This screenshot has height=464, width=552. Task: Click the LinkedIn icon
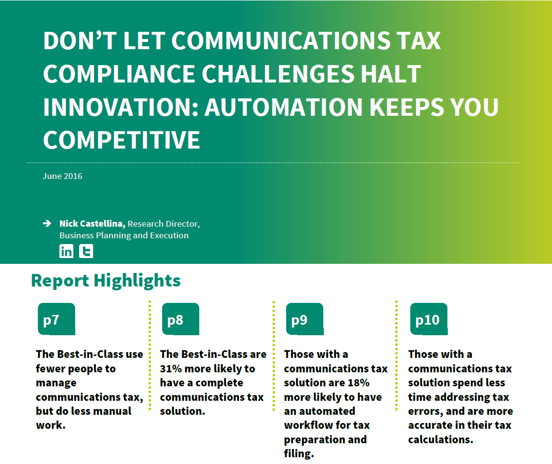tap(66, 251)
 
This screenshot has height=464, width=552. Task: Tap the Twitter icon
tap(86, 251)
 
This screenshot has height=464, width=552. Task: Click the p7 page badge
tap(56, 319)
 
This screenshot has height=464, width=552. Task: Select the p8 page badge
tap(180, 319)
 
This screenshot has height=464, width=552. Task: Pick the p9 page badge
tap(305, 319)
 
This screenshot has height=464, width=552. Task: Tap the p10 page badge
tap(429, 319)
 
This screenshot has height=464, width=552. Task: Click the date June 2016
tap(62, 176)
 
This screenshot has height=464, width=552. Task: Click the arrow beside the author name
tap(47, 223)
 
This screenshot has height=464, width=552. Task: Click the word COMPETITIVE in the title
tap(122, 140)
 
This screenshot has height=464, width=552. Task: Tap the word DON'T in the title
tap(80, 41)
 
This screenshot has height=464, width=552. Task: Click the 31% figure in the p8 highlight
tap(171, 368)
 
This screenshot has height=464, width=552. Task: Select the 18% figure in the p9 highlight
tap(359, 383)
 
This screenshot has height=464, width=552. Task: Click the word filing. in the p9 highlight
tap(299, 454)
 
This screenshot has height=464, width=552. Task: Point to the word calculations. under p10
tap(441, 439)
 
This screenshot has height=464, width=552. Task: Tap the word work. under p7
tap(51, 425)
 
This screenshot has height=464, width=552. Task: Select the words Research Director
tap(164, 224)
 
